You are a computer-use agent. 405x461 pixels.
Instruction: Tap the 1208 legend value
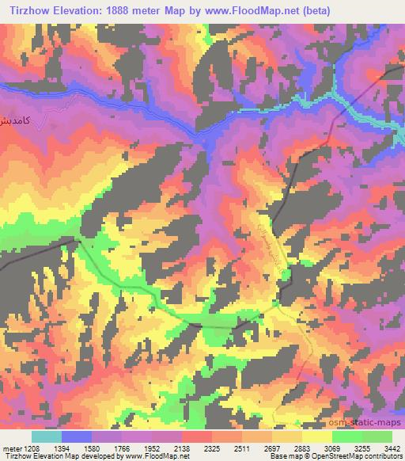(x=32, y=447)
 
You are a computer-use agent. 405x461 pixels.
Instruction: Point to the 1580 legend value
(x=92, y=447)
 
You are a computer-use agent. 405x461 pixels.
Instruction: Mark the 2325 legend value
(x=212, y=447)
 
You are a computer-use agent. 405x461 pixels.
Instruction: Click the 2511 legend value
(x=242, y=447)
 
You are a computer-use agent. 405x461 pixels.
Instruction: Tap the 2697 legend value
(x=272, y=447)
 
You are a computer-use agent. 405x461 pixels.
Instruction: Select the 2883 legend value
(x=302, y=447)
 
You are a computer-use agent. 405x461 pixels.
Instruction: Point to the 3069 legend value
(x=332, y=447)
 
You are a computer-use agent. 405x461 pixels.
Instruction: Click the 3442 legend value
(x=391, y=447)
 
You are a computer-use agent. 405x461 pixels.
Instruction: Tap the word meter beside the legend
(x=11, y=447)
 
